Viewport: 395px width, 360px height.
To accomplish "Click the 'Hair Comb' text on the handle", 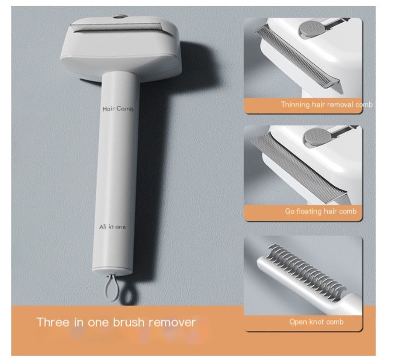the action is (x=118, y=109).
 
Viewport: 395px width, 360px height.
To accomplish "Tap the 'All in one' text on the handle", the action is (x=112, y=227).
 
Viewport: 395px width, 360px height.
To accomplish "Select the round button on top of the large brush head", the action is (x=120, y=17).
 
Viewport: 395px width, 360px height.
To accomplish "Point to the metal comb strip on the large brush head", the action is (x=116, y=27).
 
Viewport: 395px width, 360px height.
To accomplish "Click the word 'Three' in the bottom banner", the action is (x=52, y=322).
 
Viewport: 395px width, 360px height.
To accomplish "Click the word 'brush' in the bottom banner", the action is (x=129, y=322).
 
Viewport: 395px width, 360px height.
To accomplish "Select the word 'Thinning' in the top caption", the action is (x=295, y=104).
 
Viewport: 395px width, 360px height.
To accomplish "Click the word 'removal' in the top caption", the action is (x=340, y=104).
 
